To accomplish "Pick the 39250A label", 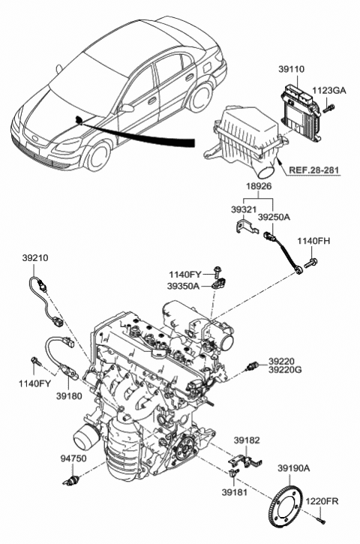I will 273,217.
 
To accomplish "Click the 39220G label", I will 286,370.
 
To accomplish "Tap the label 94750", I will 73,456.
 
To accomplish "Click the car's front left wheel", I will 96,155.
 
